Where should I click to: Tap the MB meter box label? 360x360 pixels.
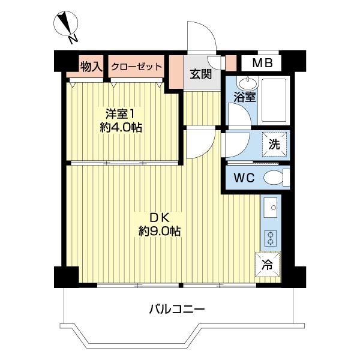click(x=262, y=62)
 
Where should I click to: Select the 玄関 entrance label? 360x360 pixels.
click(x=200, y=74)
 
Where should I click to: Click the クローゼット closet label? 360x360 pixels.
click(x=136, y=67)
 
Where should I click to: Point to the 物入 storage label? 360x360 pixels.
click(x=91, y=67)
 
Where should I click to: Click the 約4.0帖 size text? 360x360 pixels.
click(x=121, y=127)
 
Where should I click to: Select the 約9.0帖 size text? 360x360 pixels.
click(x=159, y=231)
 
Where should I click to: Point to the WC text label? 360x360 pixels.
click(x=244, y=178)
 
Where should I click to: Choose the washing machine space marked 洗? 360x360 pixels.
click(x=274, y=144)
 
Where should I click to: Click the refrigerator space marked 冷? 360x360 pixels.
click(x=267, y=265)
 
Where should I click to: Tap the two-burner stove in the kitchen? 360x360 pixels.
click(x=270, y=239)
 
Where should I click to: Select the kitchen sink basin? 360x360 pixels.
click(x=270, y=208)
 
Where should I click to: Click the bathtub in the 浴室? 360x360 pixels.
click(x=274, y=100)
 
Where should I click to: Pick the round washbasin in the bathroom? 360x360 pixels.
click(x=248, y=82)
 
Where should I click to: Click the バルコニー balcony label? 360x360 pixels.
click(x=177, y=310)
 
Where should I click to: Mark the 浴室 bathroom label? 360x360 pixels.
click(x=245, y=97)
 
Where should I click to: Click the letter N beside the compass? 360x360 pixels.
click(x=73, y=39)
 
